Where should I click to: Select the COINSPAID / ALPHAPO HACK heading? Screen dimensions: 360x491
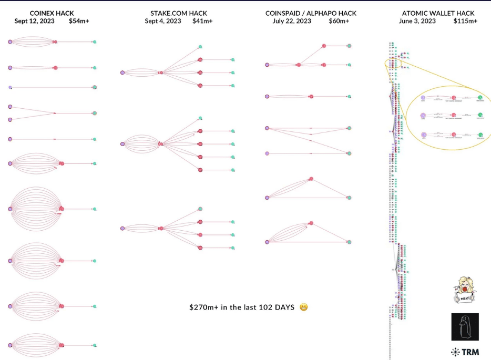pos(311,13)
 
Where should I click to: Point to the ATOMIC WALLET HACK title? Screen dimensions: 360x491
pos(438,13)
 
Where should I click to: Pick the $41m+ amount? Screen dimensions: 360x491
pos(203,21)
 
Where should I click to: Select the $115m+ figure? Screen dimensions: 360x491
pos(465,21)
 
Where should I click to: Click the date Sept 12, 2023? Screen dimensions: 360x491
pos(34,21)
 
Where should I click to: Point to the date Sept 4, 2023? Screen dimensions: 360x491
pos(163,21)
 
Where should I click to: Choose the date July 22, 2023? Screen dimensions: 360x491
pos(292,21)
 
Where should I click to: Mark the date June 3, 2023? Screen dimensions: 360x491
pos(417,21)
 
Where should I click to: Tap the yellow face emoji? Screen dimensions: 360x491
pos(303,307)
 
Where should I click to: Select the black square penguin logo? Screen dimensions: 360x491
pos(465,327)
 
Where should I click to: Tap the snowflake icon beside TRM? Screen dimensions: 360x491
pos(455,352)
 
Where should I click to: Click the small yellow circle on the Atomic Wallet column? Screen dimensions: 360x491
pos(393,64)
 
